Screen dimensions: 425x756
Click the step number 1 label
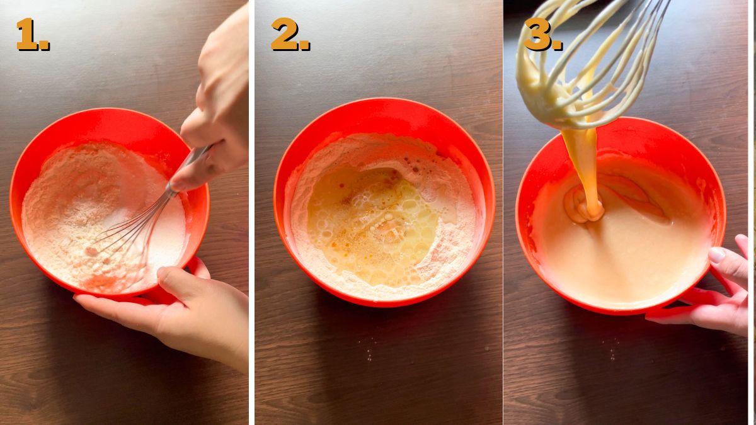[31, 35]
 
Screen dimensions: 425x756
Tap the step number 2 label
[289, 35]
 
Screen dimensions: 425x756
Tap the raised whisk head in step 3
[586, 63]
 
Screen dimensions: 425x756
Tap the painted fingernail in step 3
[717, 255]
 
